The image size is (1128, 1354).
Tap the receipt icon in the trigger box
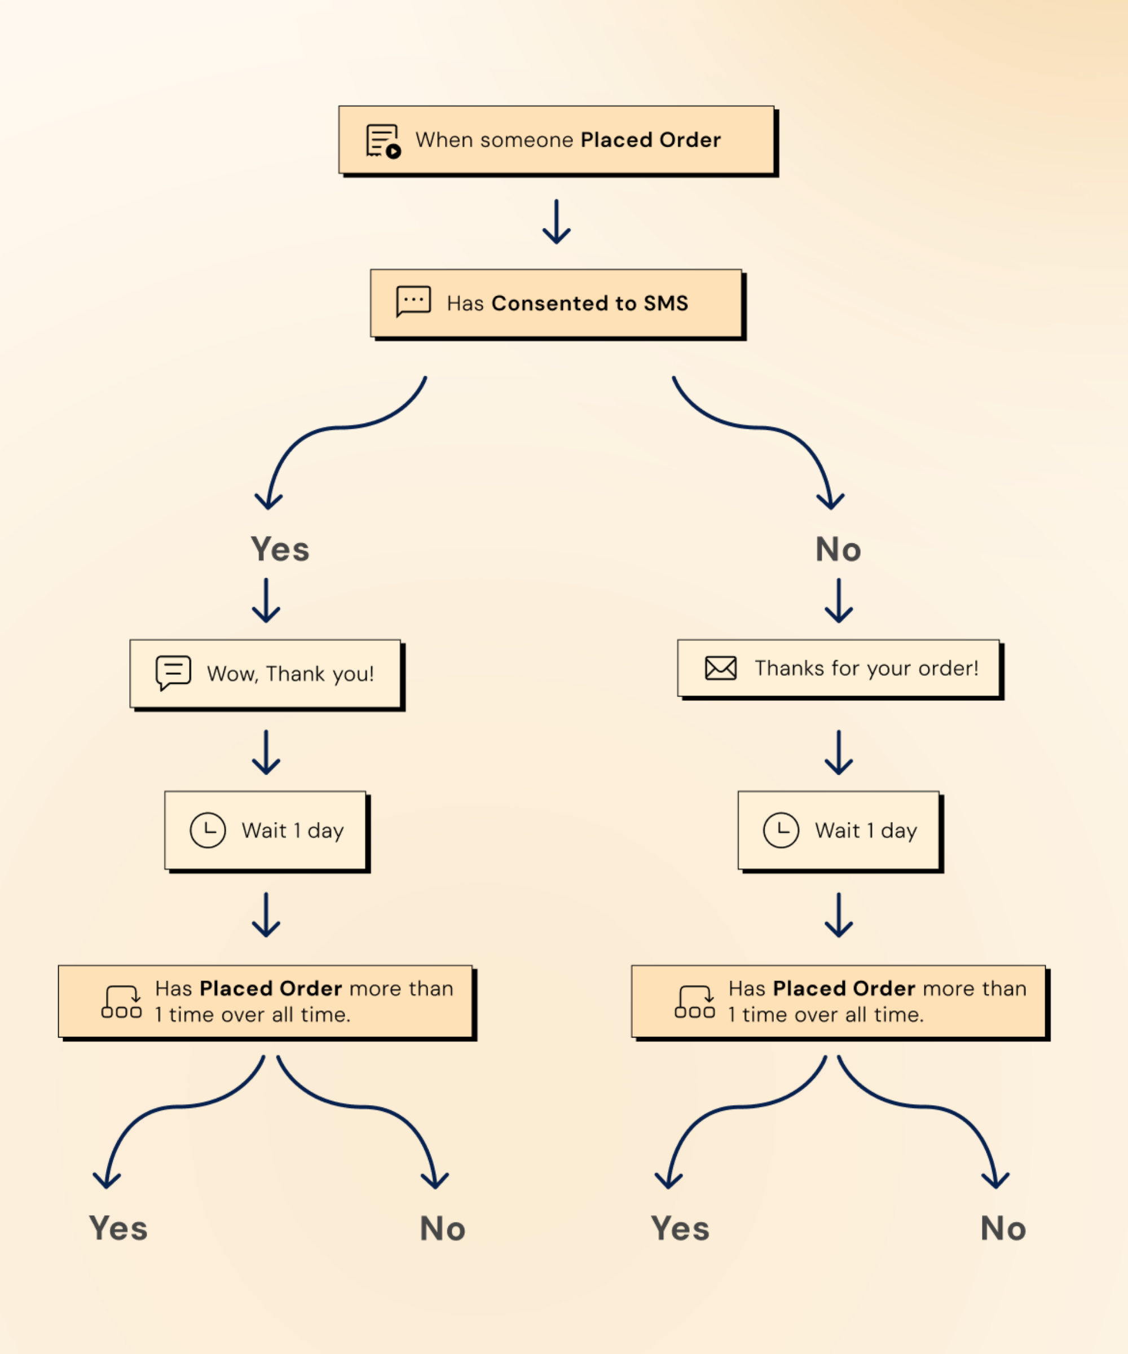384,141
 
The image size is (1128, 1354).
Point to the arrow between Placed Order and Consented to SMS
556,222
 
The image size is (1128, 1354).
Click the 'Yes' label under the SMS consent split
280,549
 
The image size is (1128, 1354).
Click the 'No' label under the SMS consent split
838,549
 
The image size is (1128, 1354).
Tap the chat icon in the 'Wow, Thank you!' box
173,673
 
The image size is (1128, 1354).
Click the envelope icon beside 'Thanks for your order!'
721,668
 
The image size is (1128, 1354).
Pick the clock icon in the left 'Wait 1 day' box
208,830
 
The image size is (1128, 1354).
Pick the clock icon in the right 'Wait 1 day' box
781,830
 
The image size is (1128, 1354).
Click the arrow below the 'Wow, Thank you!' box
266,752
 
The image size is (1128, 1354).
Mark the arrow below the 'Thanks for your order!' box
839,752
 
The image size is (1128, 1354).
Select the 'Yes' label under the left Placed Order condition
118,1228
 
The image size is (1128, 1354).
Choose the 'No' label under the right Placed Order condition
1003,1228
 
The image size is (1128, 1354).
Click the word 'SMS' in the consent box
666,303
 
